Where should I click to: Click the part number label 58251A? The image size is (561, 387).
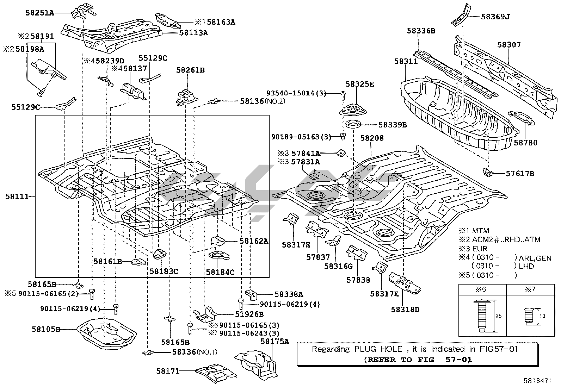coord(40,13)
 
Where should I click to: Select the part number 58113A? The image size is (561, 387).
coord(193,33)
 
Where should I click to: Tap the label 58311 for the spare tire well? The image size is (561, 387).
coord(406,62)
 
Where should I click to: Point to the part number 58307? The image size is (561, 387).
coord(509,45)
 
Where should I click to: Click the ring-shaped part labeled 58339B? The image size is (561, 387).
coord(353,124)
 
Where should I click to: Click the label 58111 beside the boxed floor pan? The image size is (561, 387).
coord(17,196)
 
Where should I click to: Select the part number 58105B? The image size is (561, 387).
coord(46,329)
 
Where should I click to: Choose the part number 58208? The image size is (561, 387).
coord(372,138)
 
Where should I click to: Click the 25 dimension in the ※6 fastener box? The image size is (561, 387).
coord(498,316)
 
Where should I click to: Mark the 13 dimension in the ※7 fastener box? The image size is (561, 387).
coord(543,316)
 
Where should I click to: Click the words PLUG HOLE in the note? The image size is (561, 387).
coord(378,349)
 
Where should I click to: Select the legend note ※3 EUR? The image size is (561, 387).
coord(473,249)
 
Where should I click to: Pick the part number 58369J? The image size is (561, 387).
coord(495,17)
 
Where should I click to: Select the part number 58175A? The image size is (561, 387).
coord(275,341)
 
